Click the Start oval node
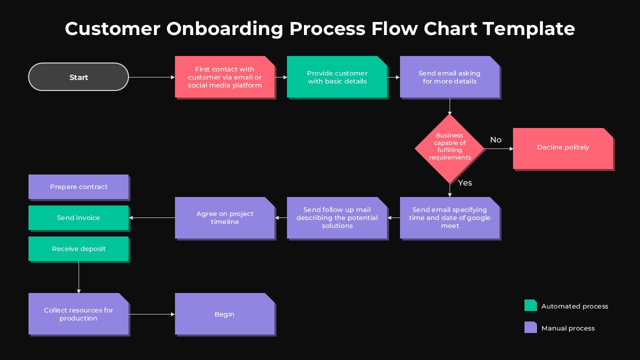[78, 77]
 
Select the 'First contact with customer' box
[225, 77]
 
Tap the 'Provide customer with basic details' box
[337, 77]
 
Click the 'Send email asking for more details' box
[450, 77]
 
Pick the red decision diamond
[449, 148]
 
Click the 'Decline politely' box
[563, 148]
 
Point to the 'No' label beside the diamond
[495, 140]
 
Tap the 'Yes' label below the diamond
[465, 183]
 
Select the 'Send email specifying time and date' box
[450, 218]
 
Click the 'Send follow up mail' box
[337, 218]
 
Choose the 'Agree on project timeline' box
[225, 218]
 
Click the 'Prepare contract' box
[78, 187]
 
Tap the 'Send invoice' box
[78, 218]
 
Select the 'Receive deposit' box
[78, 249]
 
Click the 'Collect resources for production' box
[78, 314]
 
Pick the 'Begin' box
[224, 314]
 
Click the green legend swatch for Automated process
[530, 305]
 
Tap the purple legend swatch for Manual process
[530, 327]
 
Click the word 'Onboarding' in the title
[224, 28]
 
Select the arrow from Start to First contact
[151, 77]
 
